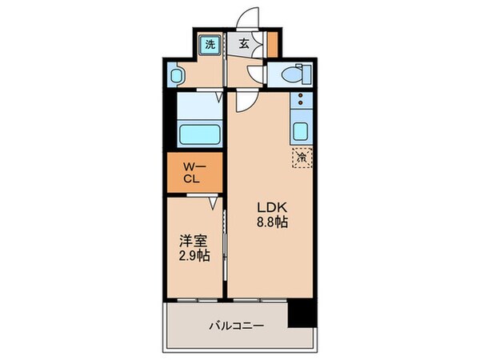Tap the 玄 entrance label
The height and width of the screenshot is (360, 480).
click(x=242, y=45)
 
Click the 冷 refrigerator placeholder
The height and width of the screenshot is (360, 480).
click(x=302, y=158)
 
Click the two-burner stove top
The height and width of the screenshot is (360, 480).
click(x=300, y=102)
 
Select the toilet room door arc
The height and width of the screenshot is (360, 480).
click(x=256, y=76)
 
